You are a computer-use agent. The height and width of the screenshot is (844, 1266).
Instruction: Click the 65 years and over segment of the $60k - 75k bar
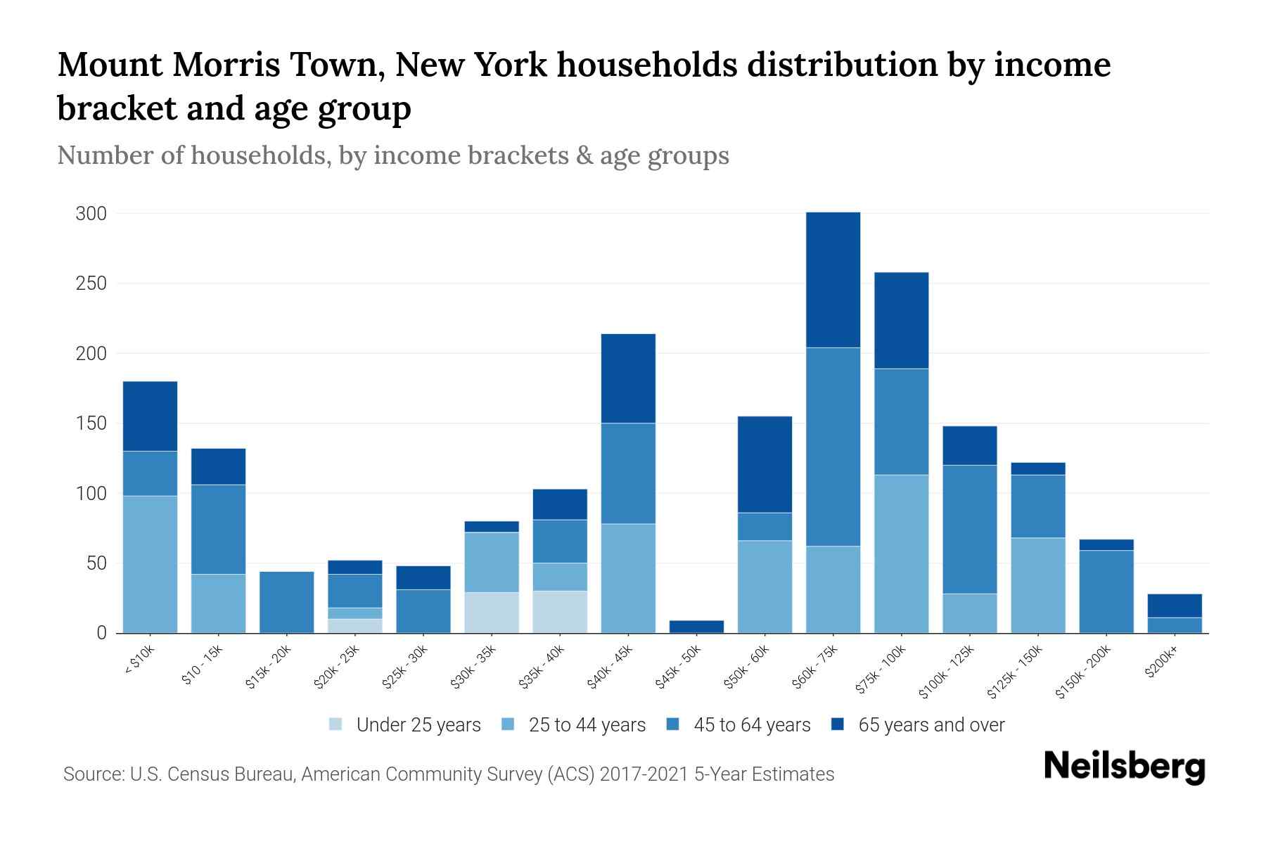tap(833, 279)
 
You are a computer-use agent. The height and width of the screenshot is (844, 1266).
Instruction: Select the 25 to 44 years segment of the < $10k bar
tap(150, 564)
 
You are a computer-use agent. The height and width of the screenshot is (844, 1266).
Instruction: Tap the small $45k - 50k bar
tap(697, 626)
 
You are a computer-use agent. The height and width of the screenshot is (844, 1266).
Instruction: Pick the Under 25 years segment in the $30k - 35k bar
tap(492, 613)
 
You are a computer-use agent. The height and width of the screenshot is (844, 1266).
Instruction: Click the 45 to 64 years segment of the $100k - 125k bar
tap(969, 529)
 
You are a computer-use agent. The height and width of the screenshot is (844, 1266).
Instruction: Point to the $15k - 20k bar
tap(287, 602)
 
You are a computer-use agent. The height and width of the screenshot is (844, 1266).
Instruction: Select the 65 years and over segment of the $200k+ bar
tap(1175, 606)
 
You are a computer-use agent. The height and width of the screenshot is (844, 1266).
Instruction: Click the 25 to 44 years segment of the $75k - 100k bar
tap(901, 554)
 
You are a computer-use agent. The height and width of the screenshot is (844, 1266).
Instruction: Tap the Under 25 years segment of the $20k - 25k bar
tap(355, 626)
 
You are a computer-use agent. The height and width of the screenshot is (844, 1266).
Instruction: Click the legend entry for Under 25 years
tap(418, 725)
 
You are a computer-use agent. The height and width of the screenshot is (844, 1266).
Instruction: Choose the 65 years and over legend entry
tap(931, 725)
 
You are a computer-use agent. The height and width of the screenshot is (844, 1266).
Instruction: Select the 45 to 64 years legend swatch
tap(673, 724)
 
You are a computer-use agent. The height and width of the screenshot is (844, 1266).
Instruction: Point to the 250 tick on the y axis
tap(91, 283)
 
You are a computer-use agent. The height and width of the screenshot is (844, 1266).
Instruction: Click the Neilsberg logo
tap(1125, 767)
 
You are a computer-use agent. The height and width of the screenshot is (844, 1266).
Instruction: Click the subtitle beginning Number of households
tap(392, 155)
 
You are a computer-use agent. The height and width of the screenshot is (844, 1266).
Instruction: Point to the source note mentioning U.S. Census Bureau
tap(448, 774)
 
